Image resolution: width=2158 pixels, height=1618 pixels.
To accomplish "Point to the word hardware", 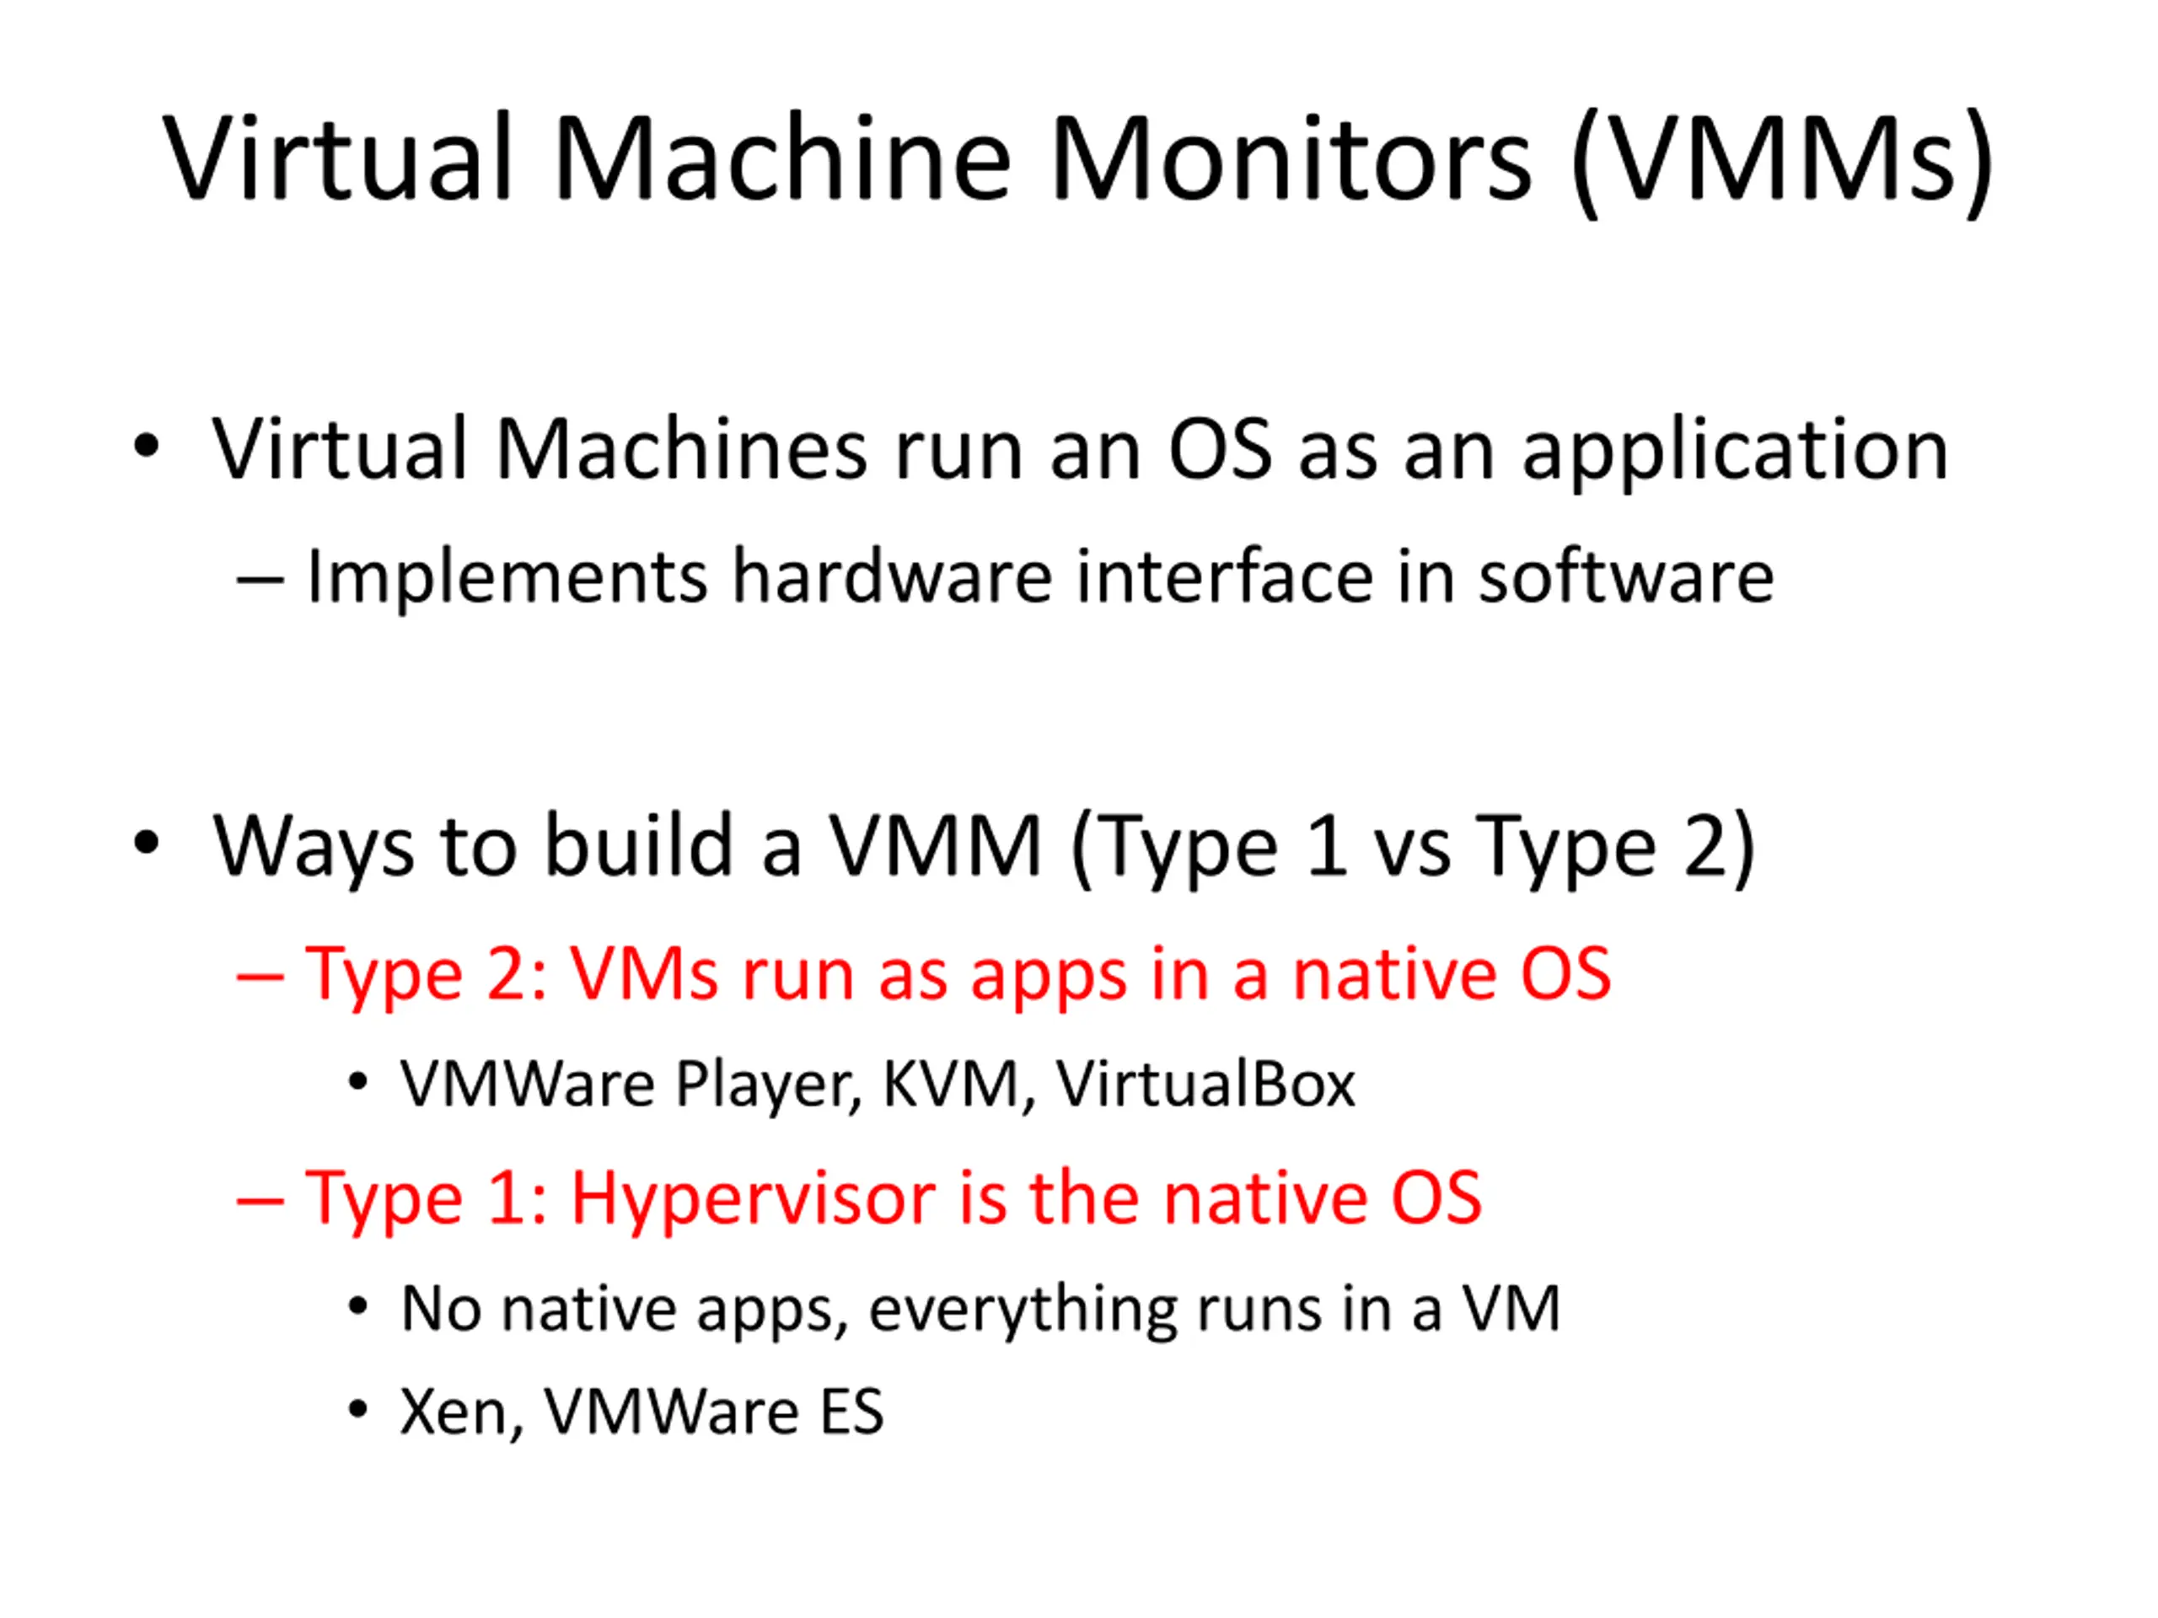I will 892,576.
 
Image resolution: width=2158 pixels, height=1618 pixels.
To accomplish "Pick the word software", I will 1625,576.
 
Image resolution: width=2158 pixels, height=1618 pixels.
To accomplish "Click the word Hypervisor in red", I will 752,1198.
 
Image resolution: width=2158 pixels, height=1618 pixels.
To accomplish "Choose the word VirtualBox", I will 1205,1084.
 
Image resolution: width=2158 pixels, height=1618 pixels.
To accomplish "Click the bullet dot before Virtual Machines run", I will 147,447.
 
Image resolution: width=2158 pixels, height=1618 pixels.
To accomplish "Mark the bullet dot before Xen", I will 358,1409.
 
